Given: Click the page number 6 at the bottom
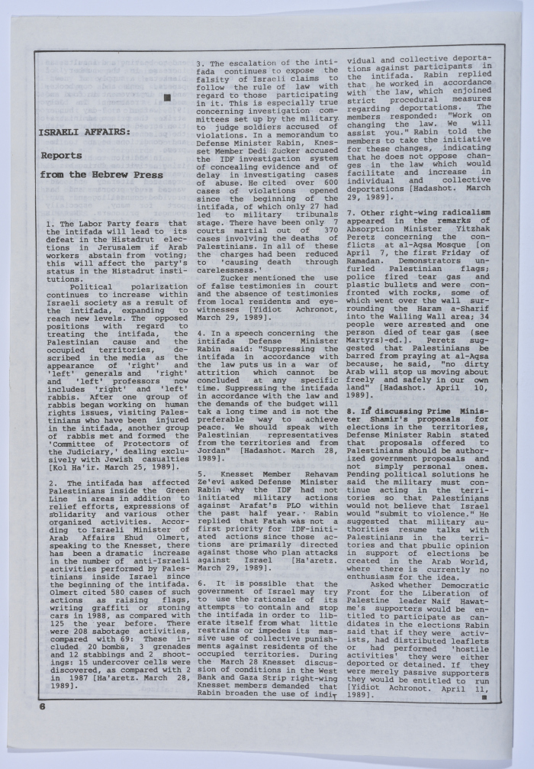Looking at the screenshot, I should click(x=44, y=706).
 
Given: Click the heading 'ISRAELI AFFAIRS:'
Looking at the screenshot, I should click(x=84, y=131).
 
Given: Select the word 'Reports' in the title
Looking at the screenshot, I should click(x=61, y=155).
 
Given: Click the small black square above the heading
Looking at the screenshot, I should click(x=166, y=97).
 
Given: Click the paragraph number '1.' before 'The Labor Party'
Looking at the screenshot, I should click(x=50, y=223).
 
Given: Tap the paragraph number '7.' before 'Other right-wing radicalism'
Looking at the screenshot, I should click(x=350, y=212).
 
